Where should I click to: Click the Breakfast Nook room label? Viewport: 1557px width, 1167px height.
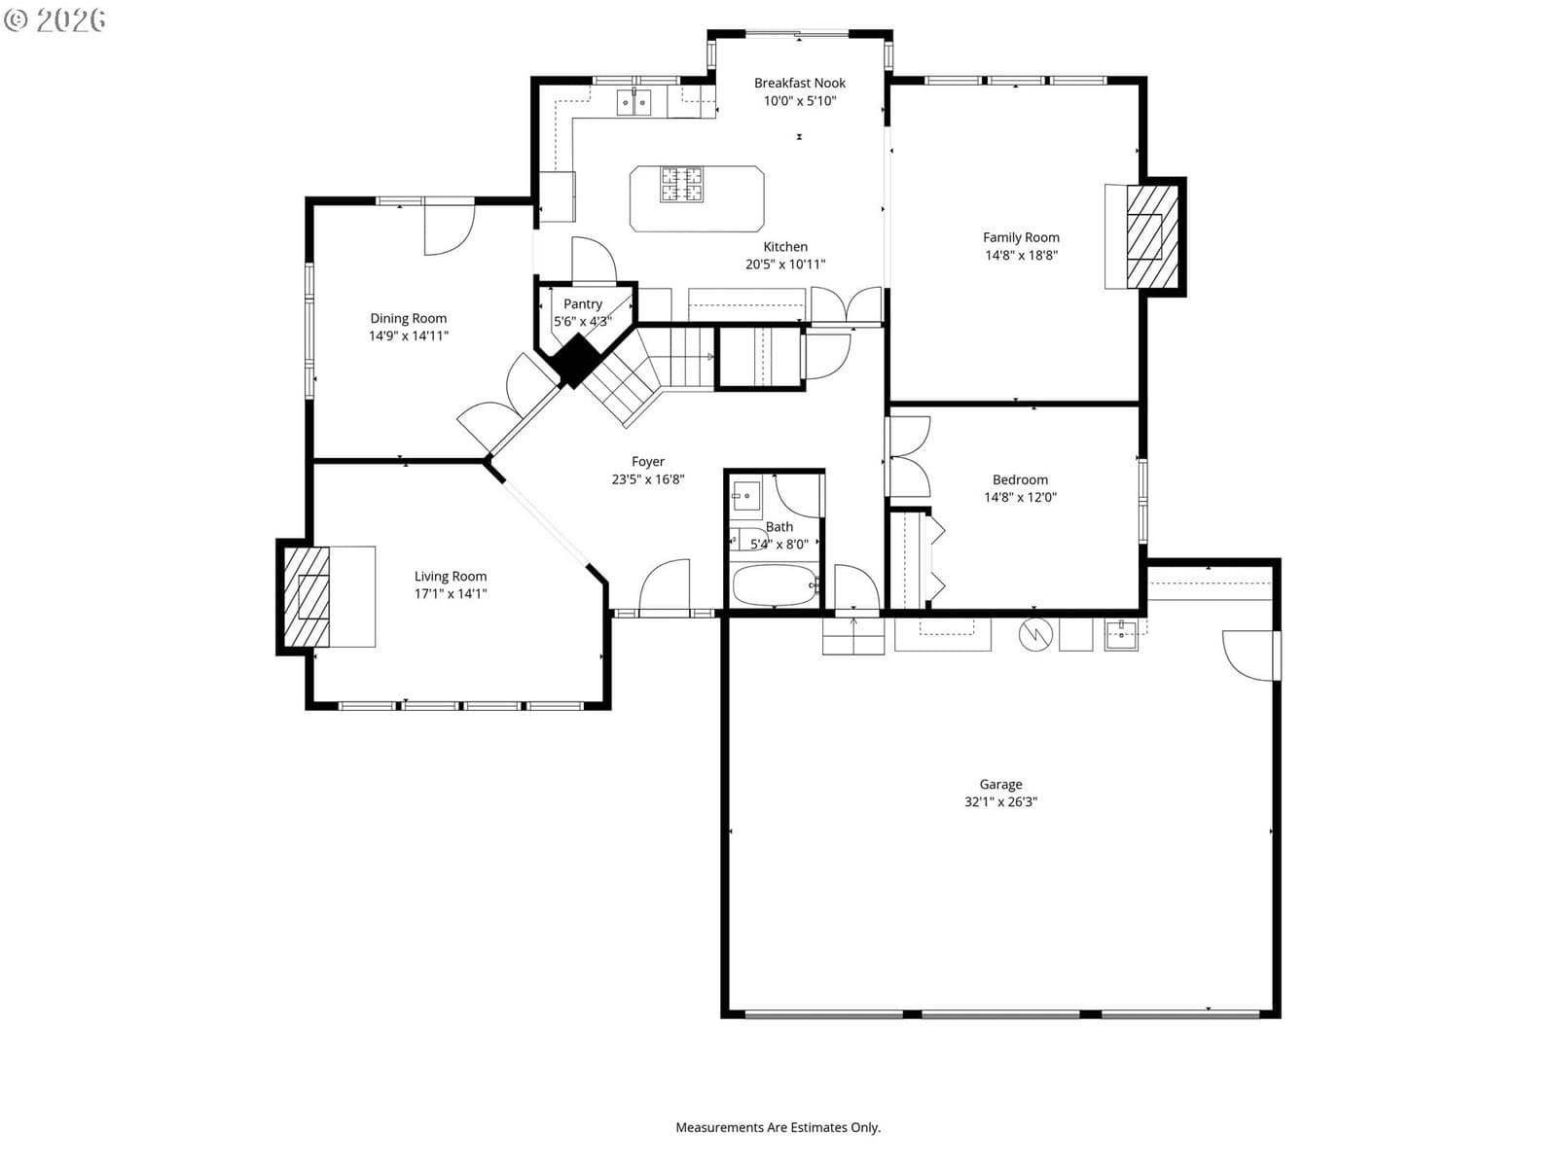click(x=800, y=83)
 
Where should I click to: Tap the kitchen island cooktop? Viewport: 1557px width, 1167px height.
click(x=681, y=184)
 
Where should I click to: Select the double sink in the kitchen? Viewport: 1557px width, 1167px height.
click(x=634, y=103)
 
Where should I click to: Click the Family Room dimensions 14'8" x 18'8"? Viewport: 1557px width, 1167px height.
click(x=1021, y=255)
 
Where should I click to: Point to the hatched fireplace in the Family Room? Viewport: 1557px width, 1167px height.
click(x=1152, y=236)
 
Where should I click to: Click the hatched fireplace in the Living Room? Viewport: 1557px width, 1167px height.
click(x=307, y=596)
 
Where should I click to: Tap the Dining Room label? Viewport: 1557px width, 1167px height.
click(x=408, y=318)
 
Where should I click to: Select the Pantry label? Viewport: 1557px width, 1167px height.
click(x=582, y=304)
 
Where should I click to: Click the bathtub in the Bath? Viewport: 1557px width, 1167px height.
click(x=775, y=584)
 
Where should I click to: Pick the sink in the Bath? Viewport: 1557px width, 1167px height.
click(x=745, y=495)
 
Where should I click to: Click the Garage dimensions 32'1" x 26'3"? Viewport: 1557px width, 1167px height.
click(x=1000, y=801)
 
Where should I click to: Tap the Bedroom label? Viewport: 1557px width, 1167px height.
click(x=1020, y=479)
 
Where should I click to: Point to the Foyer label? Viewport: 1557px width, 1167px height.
click(x=648, y=461)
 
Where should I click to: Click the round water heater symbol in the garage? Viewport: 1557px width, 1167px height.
click(x=1035, y=634)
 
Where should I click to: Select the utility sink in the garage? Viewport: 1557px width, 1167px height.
click(x=1121, y=634)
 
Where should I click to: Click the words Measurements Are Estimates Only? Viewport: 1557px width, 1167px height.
click(x=778, y=1127)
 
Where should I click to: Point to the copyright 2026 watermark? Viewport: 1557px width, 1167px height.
click(x=54, y=19)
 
